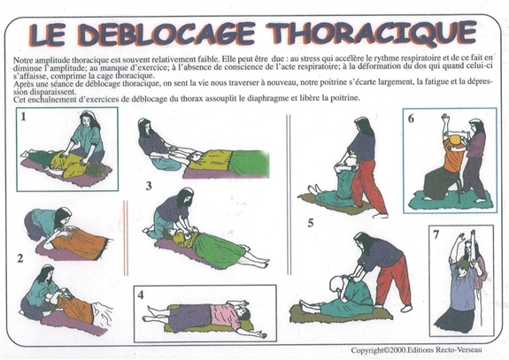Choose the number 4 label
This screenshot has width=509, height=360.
coord(142,295)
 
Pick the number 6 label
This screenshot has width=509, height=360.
coord(410,118)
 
